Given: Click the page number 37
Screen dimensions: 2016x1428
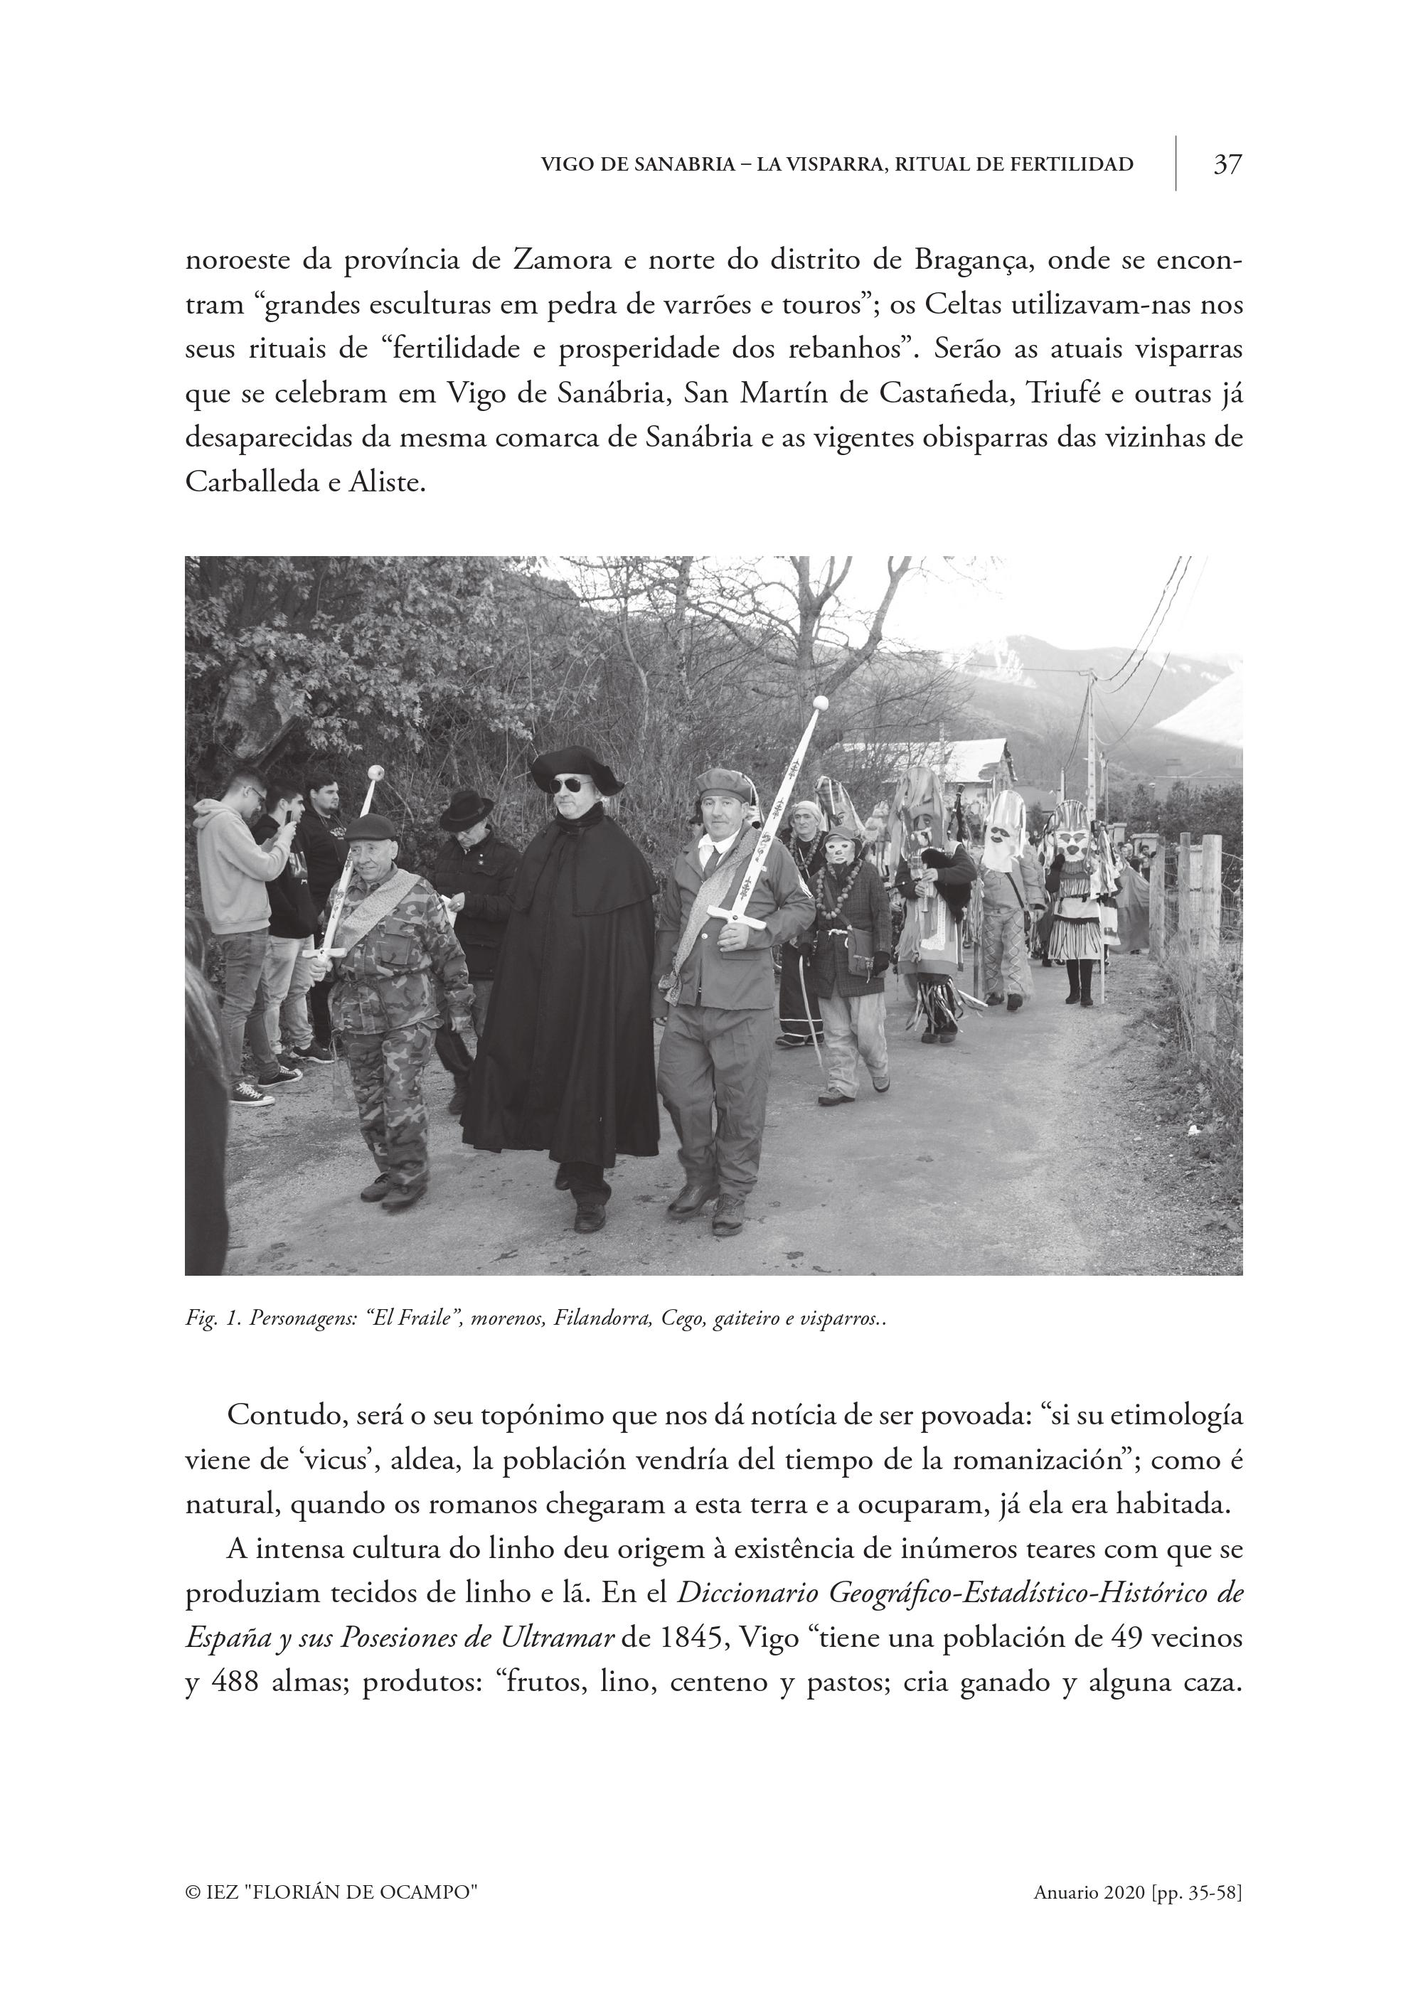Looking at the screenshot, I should pos(1227,164).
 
